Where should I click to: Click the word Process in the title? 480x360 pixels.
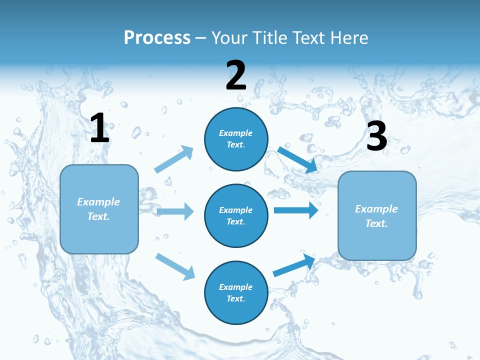click(157, 37)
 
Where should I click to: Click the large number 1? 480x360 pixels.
click(99, 128)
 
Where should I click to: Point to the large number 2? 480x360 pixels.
click(236, 75)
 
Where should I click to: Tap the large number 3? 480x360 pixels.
click(376, 136)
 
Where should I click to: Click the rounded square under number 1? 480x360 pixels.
click(99, 209)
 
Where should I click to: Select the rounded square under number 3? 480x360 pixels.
click(377, 216)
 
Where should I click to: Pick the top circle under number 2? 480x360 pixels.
click(236, 139)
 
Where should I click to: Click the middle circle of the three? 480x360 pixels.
click(236, 215)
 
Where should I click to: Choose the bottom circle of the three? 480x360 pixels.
click(236, 292)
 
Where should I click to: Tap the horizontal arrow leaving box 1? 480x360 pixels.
click(175, 211)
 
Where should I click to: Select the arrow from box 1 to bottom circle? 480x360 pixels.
click(175, 266)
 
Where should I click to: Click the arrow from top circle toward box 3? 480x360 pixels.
click(297, 159)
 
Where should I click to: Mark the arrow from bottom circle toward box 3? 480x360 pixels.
click(294, 265)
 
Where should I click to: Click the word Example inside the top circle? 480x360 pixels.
click(236, 133)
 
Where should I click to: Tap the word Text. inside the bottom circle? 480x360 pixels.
click(236, 298)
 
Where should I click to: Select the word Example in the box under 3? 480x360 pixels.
click(376, 209)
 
